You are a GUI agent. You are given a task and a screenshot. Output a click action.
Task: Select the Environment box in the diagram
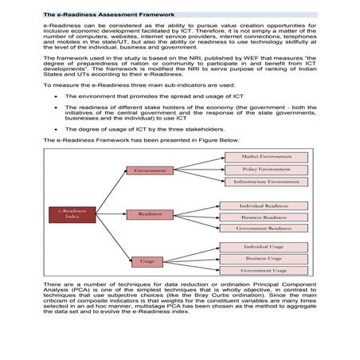[149, 170]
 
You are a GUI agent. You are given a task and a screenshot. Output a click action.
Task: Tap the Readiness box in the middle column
[149, 213]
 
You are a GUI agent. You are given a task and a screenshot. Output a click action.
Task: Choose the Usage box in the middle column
[147, 260]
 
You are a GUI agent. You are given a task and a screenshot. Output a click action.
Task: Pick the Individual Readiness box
[262, 205]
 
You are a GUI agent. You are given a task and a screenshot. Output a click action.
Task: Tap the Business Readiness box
[262, 217]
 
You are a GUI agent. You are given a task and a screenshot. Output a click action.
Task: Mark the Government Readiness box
[262, 229]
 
